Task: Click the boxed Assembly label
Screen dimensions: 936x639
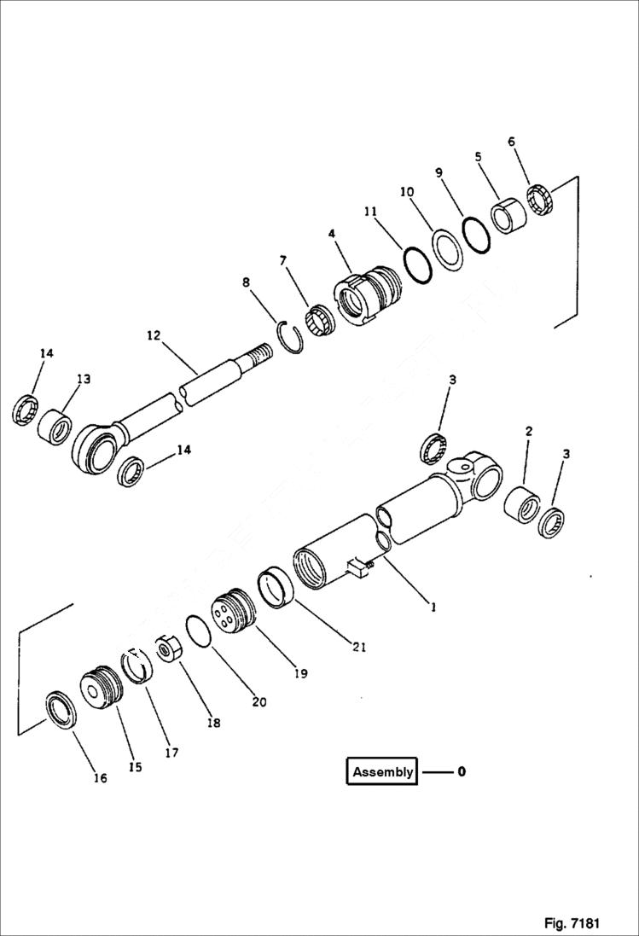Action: pos(382,771)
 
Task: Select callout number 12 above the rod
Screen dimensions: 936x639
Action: pos(154,336)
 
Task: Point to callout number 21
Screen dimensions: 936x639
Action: pos(358,647)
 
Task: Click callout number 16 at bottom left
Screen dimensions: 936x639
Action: pos(100,778)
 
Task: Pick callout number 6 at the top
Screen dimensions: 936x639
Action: pos(512,142)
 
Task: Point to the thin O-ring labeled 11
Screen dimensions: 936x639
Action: pos(417,265)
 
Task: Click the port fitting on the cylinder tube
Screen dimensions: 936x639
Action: pos(359,568)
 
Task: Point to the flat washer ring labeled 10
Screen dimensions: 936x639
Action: pos(445,248)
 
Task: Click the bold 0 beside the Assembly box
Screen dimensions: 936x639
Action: pos(462,771)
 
